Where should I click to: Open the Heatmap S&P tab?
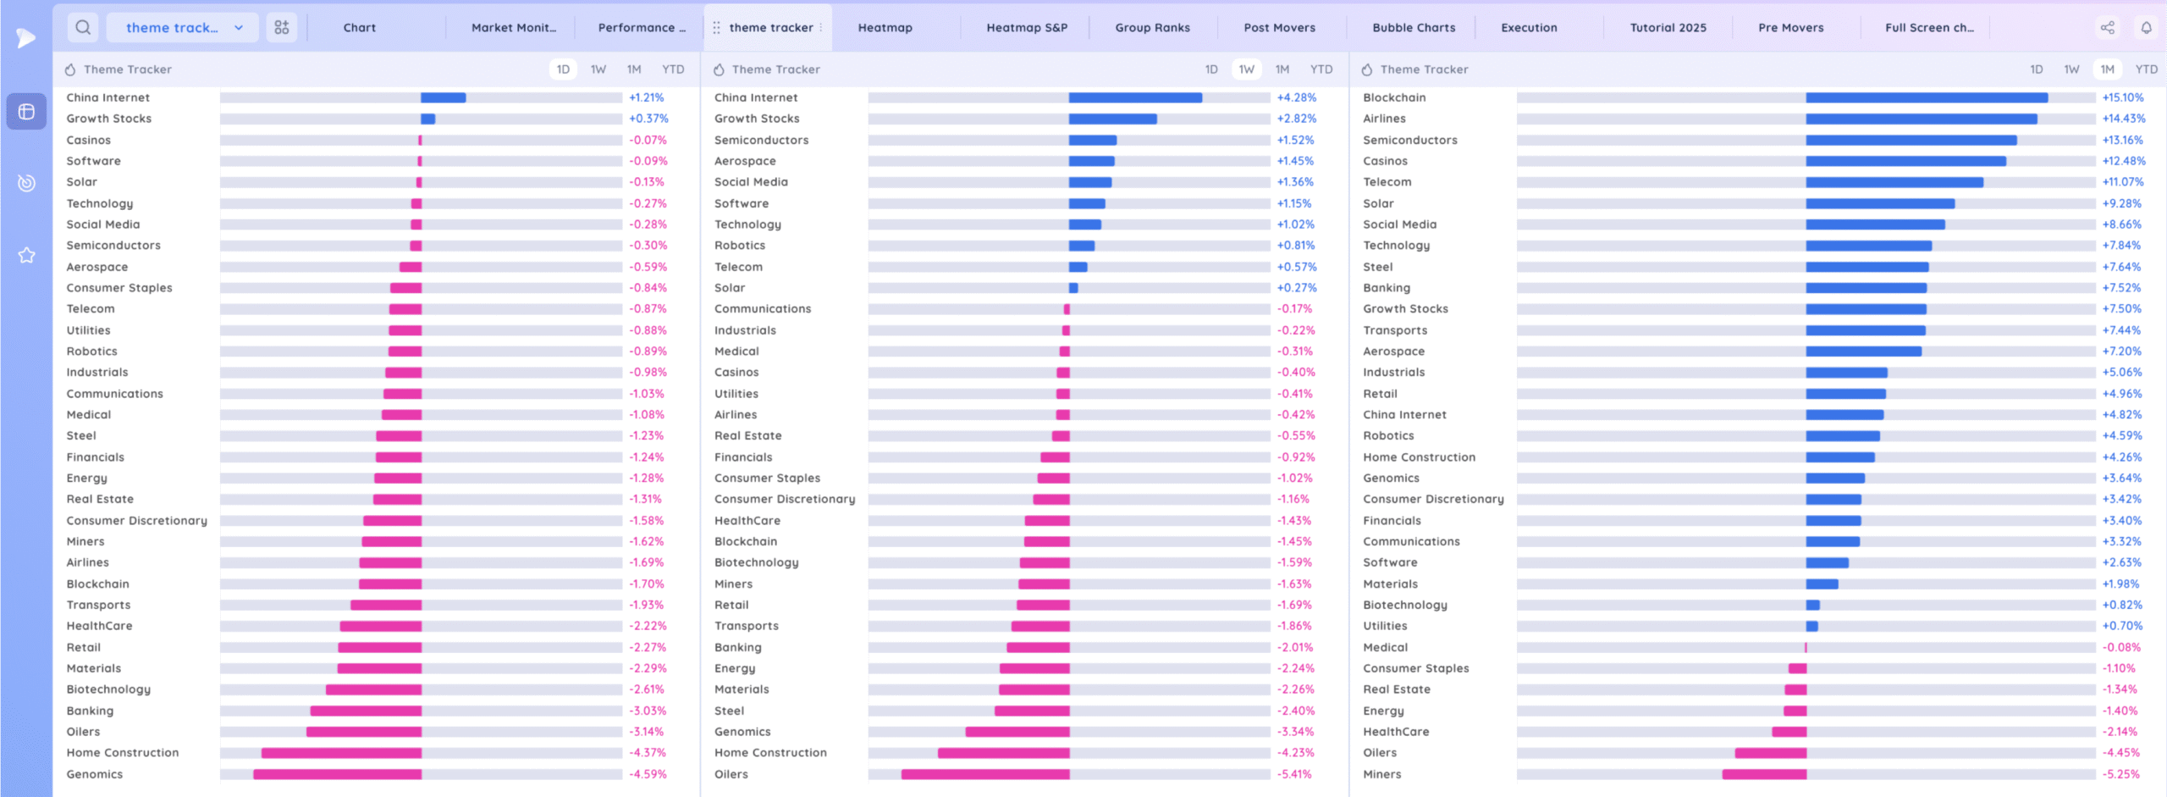coord(1027,28)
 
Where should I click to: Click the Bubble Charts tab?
coord(1414,28)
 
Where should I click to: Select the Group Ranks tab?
coord(1152,28)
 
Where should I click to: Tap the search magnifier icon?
coord(83,28)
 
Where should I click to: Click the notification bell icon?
coord(2146,28)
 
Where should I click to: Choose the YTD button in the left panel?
coord(673,69)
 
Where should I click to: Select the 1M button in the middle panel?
coord(1282,69)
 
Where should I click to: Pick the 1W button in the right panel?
coord(2071,69)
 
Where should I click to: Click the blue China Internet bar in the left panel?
coord(443,98)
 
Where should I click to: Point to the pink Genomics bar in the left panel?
coord(337,774)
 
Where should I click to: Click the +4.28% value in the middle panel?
coord(1296,98)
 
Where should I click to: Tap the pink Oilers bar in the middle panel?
coord(985,774)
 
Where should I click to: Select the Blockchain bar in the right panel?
coord(1926,98)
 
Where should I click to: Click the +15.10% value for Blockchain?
coord(2122,98)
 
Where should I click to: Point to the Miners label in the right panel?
coord(1381,774)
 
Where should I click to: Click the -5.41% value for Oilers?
coord(1294,774)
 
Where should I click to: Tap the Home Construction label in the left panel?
coord(123,753)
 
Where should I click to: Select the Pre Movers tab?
coord(1790,28)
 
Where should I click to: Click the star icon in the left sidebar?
coord(27,255)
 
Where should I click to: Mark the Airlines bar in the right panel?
coord(1921,119)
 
